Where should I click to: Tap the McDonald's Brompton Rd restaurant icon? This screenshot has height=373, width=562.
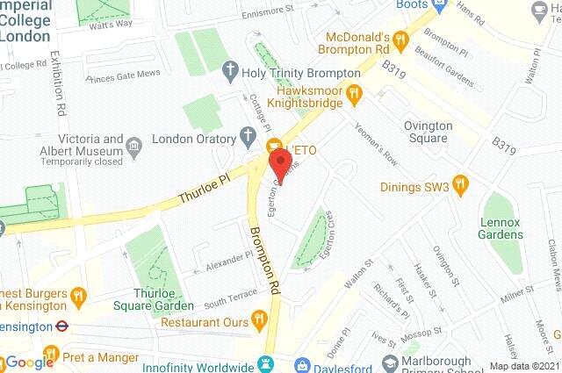point(400,39)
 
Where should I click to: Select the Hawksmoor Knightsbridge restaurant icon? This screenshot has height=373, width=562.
point(354,91)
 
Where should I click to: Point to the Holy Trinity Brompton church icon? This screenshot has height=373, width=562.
point(231,68)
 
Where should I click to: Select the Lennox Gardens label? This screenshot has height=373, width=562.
point(500,228)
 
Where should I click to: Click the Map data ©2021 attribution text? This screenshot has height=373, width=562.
point(524,366)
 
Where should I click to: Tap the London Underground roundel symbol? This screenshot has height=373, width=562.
point(62,325)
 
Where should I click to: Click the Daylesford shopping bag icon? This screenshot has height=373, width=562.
point(301,363)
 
